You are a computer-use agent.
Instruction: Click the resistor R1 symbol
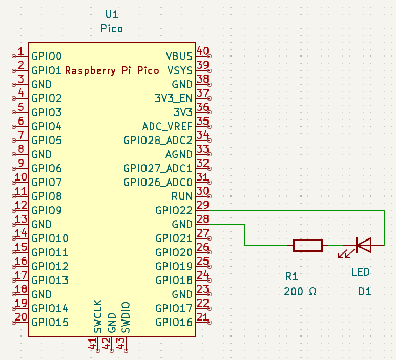307,245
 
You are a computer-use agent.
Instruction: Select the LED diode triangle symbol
364,245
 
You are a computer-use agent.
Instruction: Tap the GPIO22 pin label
174,210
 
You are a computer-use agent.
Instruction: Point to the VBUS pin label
179,56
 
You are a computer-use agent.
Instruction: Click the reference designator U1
112,14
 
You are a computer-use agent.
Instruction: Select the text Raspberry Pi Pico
112,70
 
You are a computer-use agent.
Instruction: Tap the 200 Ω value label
300,292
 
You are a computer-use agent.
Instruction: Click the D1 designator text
365,292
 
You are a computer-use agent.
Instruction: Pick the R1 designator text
291,276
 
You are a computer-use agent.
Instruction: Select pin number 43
121,344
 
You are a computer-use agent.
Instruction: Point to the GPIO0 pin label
47,56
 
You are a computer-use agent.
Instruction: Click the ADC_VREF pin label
167,126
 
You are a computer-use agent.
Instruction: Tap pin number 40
203,51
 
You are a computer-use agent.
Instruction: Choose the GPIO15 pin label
50,323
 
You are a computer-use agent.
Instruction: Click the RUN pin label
182,196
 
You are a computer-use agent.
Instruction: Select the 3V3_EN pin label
173,98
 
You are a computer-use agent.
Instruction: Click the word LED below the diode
361,272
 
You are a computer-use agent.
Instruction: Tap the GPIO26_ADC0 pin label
158,182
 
